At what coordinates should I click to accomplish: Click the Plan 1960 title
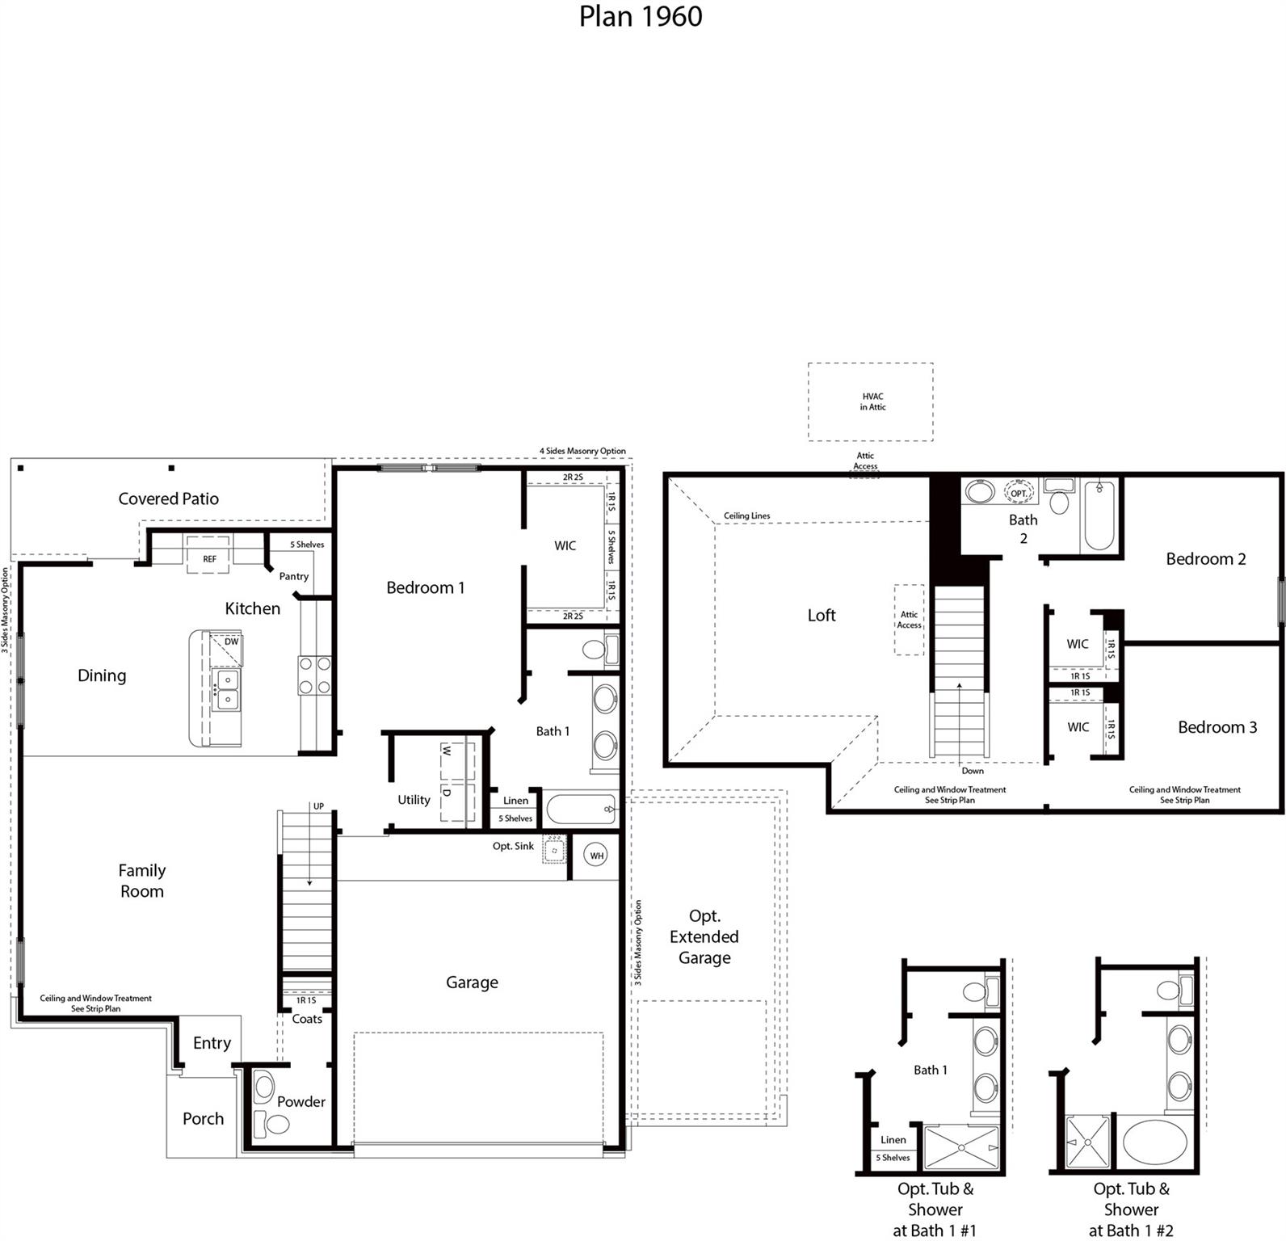click(x=641, y=16)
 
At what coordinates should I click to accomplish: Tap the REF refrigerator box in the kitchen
click(x=209, y=557)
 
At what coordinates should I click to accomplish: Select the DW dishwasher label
click(x=232, y=642)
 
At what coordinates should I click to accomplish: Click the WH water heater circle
click(x=596, y=856)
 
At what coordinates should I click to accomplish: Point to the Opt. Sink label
click(x=513, y=846)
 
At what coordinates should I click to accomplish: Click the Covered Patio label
click(x=168, y=499)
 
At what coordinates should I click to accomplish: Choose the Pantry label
click(x=294, y=576)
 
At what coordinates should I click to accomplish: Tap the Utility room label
click(x=414, y=800)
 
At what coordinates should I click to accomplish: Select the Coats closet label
click(x=307, y=1019)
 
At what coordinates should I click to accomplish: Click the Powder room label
click(x=300, y=1101)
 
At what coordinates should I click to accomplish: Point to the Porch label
click(x=203, y=1118)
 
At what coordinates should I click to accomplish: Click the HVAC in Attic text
click(x=872, y=402)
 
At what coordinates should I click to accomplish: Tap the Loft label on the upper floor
click(x=822, y=615)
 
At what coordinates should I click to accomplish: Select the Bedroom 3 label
click(x=1217, y=727)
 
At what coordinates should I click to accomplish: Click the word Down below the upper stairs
click(x=973, y=771)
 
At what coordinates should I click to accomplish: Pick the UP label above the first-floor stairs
click(x=318, y=806)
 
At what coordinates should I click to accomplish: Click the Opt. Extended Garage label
click(x=704, y=936)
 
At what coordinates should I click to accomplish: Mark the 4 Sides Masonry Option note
click(x=582, y=451)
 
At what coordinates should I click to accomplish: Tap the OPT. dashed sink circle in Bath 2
click(x=1019, y=493)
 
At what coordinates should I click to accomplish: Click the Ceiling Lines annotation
click(x=746, y=515)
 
